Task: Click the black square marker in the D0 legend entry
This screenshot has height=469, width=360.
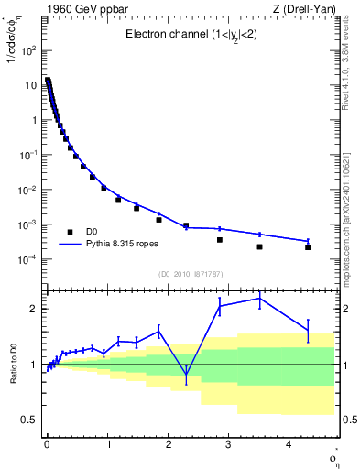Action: click(70, 231)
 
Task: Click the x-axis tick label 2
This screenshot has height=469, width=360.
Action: click(168, 444)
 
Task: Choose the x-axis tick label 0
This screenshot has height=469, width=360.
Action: click(47, 444)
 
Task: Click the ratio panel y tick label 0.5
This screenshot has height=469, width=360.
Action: click(30, 420)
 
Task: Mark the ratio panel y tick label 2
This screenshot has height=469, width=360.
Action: click(35, 309)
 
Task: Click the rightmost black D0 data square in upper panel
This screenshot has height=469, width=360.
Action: click(308, 247)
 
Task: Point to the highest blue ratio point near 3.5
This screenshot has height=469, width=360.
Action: click(259, 298)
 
